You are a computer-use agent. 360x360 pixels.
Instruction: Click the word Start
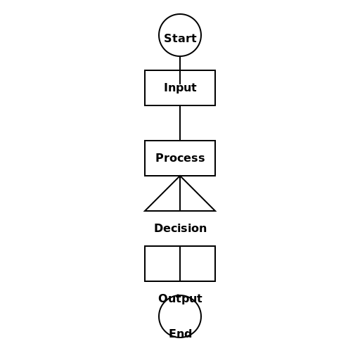pos(180,38)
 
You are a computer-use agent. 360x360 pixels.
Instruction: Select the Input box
pos(180,88)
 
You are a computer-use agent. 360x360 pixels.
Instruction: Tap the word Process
pos(180,158)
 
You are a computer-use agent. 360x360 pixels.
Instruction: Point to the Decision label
pos(180,229)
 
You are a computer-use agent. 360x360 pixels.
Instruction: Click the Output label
pos(180,298)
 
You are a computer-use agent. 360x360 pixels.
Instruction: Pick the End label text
pos(180,334)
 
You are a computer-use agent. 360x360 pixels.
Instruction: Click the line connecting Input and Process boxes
pos(180,123)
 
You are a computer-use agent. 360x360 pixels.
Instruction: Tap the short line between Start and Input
pos(180,63)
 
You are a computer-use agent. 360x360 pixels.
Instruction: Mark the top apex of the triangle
pos(180,176)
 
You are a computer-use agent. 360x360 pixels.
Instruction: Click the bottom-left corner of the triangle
pos(146,210)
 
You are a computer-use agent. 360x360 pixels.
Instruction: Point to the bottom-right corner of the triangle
pos(214,210)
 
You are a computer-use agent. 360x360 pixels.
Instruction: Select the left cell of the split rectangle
pos(162,264)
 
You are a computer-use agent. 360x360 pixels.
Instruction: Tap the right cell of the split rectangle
pos(198,264)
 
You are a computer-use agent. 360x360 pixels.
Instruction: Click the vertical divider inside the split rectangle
pos(180,264)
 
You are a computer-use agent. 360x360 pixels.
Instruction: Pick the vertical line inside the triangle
pos(180,197)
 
